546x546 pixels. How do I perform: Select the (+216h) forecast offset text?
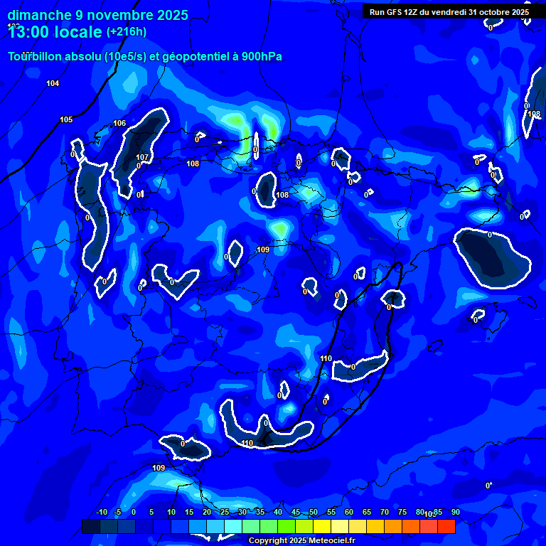pos(126,32)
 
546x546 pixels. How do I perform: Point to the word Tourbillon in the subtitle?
pos(36,57)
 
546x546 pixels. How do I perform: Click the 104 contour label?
pos(53,84)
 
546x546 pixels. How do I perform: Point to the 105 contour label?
pos(66,119)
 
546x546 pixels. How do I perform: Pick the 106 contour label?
pos(119,123)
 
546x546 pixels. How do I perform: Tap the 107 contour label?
pos(142,157)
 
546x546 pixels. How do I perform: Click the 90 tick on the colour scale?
pos(455,512)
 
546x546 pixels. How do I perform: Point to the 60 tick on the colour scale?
pos(349,512)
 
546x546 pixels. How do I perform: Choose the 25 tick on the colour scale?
pos(225,512)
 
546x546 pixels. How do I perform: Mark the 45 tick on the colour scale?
pos(296,512)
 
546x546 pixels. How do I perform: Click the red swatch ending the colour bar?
pos(446,526)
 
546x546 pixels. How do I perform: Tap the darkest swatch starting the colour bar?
pos(91,526)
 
